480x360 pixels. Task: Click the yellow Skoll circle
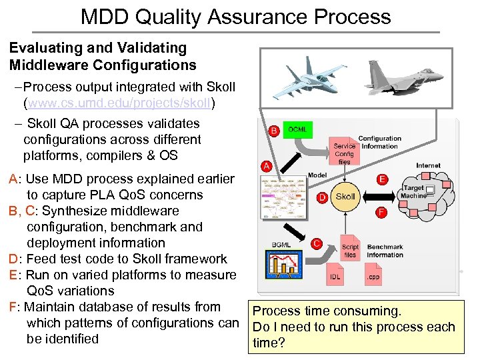345,197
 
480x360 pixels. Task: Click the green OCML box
296,128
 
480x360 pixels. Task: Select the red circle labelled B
273,131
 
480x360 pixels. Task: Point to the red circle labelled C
317,244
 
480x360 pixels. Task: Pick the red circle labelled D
322,197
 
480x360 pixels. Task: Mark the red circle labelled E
382,179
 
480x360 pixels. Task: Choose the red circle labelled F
382,212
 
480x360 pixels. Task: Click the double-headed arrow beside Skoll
382,196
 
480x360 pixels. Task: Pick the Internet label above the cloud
428,165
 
